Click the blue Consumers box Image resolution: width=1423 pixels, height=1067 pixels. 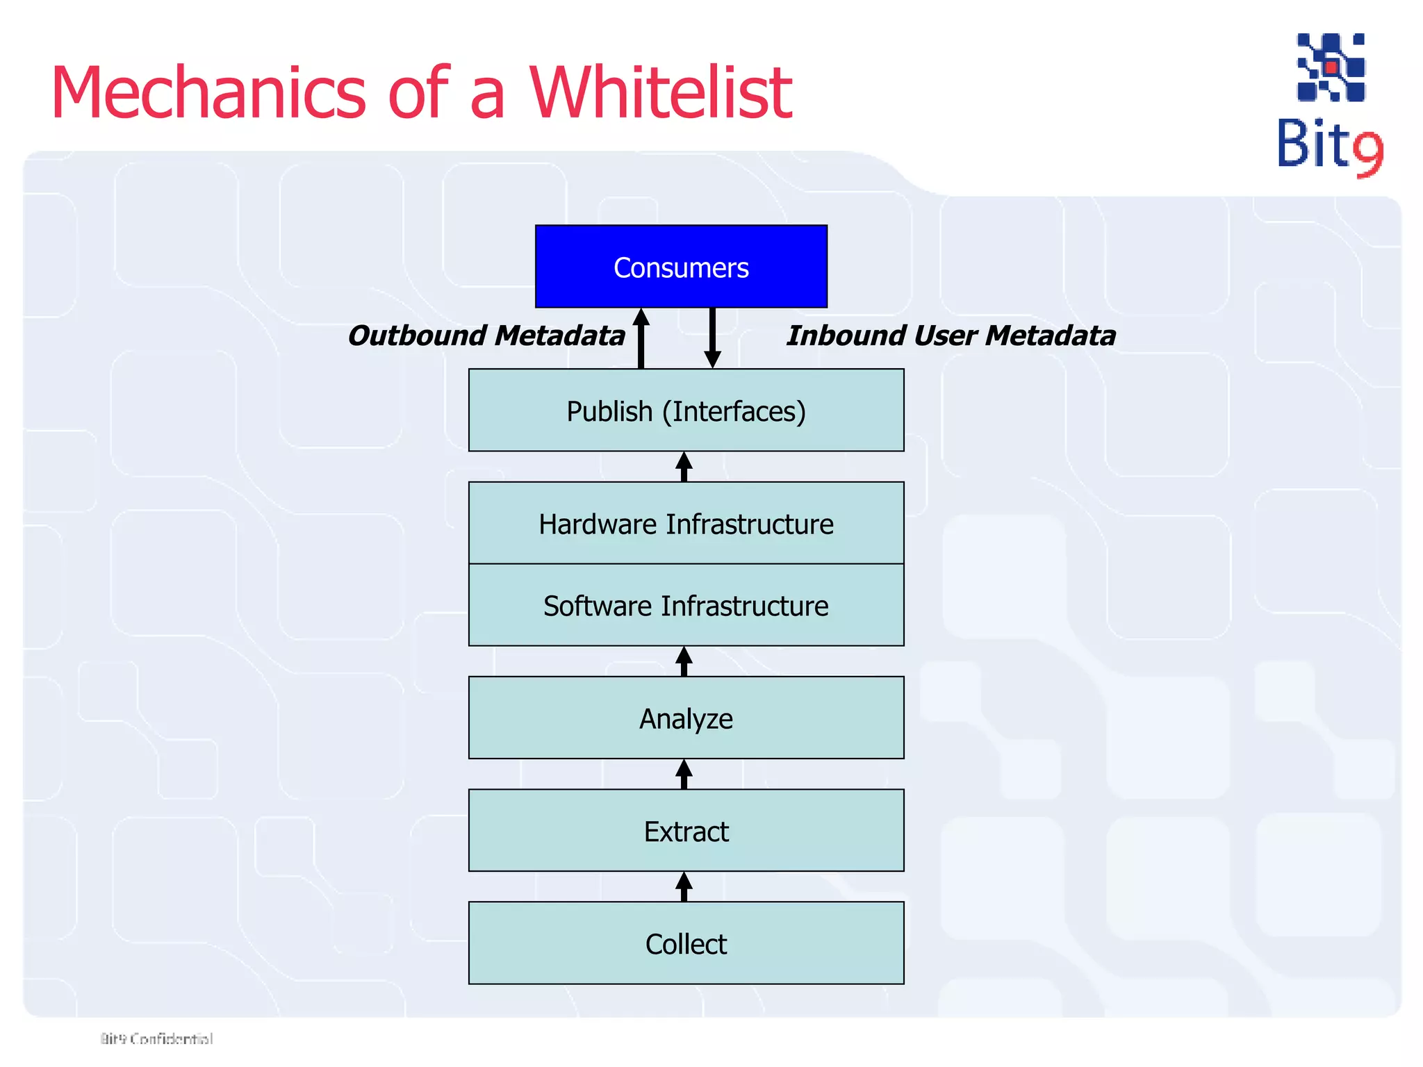point(681,267)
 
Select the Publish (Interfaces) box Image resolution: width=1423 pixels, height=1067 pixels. point(686,411)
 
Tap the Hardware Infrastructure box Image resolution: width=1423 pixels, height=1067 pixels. point(686,523)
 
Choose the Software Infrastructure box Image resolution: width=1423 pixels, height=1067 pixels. point(686,605)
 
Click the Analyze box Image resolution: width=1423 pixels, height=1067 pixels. point(686,718)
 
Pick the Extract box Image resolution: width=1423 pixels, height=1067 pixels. point(686,830)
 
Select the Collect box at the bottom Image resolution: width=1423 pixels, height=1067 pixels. point(686,943)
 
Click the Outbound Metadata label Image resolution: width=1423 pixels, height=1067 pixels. point(486,336)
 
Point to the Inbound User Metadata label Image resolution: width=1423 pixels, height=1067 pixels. point(951,336)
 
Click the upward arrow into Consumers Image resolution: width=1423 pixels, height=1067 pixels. point(641,338)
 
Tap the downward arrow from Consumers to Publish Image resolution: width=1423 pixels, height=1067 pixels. point(712,338)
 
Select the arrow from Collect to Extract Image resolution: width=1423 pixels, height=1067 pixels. point(684,887)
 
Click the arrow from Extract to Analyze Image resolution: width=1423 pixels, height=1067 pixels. point(684,775)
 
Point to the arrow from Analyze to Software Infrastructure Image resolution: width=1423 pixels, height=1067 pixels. point(684,661)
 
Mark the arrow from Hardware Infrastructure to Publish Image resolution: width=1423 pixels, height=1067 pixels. point(684,467)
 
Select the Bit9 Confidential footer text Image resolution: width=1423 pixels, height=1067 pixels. point(156,1039)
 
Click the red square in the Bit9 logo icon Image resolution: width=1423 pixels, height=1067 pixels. point(1331,67)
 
